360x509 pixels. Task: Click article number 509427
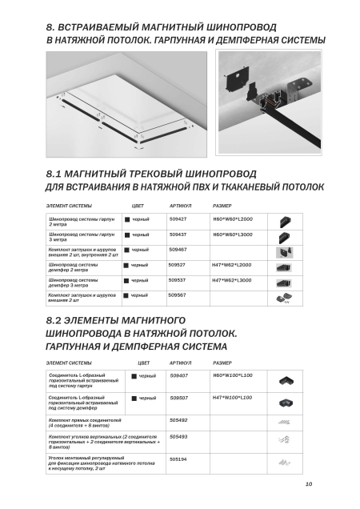(x=178, y=219)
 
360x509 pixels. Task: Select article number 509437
(x=178, y=234)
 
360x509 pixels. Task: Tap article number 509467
(x=178, y=250)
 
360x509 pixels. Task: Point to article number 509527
(x=177, y=265)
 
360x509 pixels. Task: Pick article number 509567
(x=177, y=295)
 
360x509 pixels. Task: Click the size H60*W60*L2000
(x=233, y=219)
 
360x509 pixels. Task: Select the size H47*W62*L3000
(x=232, y=280)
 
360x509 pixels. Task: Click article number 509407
(x=179, y=375)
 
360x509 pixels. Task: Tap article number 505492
(x=178, y=420)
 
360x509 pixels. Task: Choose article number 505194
(x=178, y=459)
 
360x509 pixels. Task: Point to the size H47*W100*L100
(x=233, y=398)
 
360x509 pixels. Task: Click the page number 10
(x=309, y=484)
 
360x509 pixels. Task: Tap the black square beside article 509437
(x=127, y=235)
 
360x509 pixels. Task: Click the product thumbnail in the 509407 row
(x=286, y=380)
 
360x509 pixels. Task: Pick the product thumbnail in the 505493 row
(x=284, y=440)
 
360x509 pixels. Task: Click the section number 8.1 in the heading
(x=54, y=174)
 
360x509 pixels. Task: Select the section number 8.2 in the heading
(x=54, y=321)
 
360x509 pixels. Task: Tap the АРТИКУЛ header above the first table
(x=181, y=206)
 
